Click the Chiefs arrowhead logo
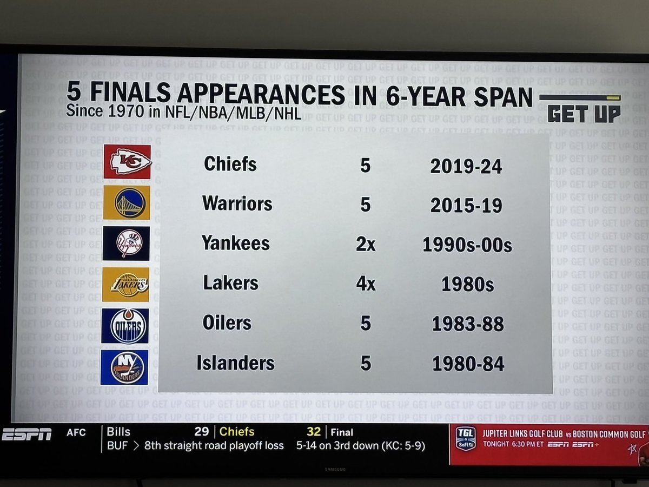(128, 162)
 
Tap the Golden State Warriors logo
(127, 202)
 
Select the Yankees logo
(126, 243)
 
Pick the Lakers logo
(126, 284)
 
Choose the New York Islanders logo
(124, 367)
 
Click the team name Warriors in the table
(237, 204)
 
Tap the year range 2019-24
(466, 166)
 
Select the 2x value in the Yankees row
(365, 244)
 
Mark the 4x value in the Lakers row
(365, 284)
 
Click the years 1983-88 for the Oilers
(468, 324)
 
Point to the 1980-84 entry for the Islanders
(468, 364)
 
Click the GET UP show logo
(583, 113)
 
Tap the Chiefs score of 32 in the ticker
(313, 432)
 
